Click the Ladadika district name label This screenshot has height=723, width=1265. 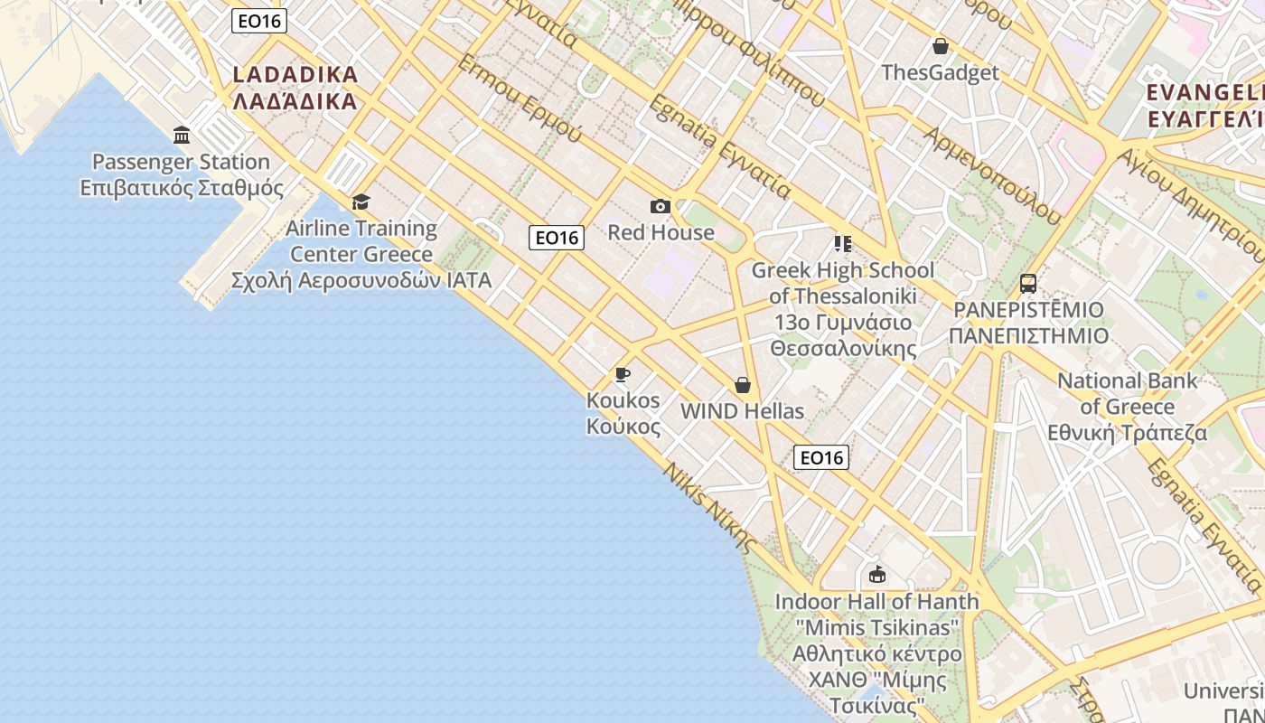[295, 88]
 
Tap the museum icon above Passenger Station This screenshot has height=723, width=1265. [182, 136]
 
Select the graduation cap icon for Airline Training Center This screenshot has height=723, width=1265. [361, 202]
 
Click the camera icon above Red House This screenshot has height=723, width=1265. [661, 207]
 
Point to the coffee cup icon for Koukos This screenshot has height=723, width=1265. [622, 374]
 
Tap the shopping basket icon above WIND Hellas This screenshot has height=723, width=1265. [743, 386]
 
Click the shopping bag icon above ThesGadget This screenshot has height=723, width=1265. [941, 46]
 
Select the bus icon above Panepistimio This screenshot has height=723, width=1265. [1028, 284]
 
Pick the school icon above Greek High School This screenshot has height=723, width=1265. [842, 243]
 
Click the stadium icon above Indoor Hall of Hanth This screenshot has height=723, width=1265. [876, 575]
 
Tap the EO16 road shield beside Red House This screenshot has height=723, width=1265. [557, 238]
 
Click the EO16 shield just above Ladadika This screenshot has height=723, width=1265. [259, 21]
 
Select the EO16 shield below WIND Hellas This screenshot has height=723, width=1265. [821, 457]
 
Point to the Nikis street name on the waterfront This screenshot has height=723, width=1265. [709, 507]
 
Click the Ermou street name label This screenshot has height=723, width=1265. [520, 99]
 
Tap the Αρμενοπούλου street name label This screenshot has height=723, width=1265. [991, 174]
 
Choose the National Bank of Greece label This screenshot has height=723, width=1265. [1128, 407]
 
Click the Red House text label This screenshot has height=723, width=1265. [661, 232]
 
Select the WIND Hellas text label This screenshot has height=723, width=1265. [742, 411]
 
